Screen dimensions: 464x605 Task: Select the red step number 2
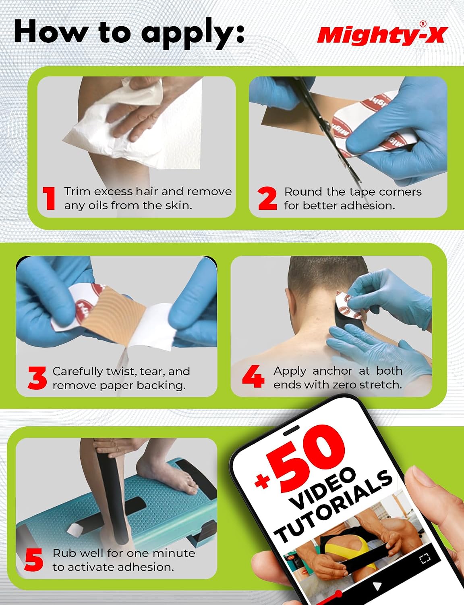(x=267, y=198)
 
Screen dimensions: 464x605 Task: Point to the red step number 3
(x=37, y=378)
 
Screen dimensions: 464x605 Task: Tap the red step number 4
(x=253, y=376)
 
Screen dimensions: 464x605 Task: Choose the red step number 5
(x=34, y=559)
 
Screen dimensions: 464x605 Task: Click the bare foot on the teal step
(x=167, y=475)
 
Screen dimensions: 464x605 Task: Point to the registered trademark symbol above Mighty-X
(x=423, y=24)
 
